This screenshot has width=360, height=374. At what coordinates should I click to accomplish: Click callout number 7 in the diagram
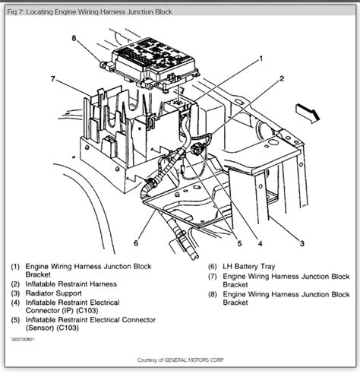coord(54,79)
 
